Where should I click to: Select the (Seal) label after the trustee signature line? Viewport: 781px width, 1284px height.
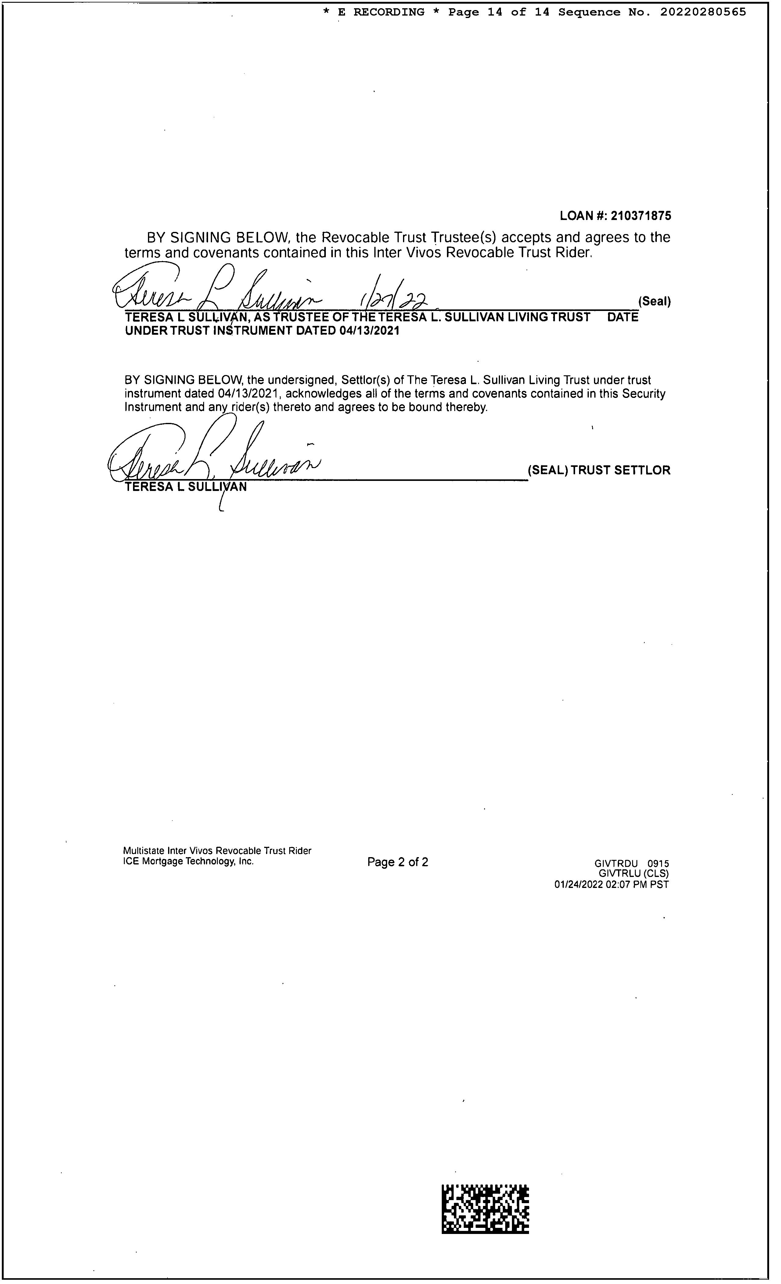(x=654, y=301)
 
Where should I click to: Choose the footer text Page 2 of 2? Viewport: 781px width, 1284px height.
(x=398, y=862)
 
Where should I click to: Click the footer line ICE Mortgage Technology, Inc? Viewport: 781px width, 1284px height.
(x=188, y=861)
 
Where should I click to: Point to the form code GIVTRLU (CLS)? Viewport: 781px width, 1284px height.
(x=634, y=873)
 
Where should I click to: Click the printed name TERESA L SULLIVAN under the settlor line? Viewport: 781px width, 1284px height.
(x=186, y=487)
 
